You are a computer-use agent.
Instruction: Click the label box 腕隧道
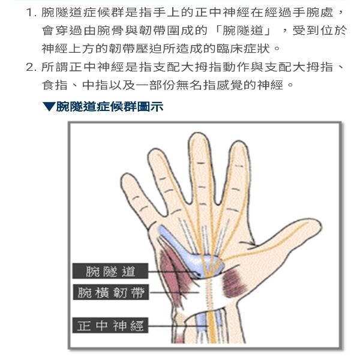click(x=110, y=271)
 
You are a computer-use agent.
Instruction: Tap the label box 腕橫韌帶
click(x=111, y=292)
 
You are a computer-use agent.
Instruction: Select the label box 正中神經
click(x=110, y=325)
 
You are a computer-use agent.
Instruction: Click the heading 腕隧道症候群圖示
click(x=110, y=107)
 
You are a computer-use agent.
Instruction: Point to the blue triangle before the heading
click(x=49, y=107)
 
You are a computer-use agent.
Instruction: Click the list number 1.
click(x=31, y=13)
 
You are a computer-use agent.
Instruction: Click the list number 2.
click(x=31, y=67)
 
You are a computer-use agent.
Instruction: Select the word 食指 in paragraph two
click(x=55, y=85)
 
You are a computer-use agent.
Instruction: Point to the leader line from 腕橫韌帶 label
click(x=174, y=292)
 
